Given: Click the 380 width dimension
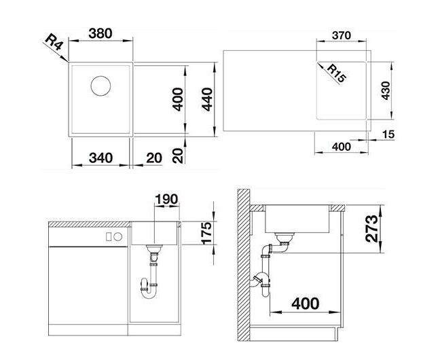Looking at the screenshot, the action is point(100,33).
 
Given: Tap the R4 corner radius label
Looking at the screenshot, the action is point(54,42).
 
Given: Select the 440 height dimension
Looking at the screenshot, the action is point(207,99).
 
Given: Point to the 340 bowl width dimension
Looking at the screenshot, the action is point(100,158).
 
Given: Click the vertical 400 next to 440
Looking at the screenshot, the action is point(178,99).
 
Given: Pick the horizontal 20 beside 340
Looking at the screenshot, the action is point(154,158).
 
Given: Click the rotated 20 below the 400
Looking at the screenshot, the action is point(178,156).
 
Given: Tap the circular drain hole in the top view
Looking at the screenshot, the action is point(100,86).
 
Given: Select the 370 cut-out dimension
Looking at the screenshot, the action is point(342,35).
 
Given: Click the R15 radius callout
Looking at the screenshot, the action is point(337,73).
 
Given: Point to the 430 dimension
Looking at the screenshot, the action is point(386,91).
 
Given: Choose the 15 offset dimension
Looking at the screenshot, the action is point(388,134).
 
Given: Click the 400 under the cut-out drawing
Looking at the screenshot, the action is point(342,147).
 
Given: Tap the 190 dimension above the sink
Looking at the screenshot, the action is point(166,199).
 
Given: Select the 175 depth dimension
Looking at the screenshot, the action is point(206,233).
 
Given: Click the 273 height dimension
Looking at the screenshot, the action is point(372,229).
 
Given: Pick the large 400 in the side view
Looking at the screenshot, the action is point(306,304).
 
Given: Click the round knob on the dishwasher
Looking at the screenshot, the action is point(118,237).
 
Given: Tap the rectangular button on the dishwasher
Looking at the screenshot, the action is point(109,237).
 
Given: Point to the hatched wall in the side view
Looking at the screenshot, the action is point(244,265).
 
